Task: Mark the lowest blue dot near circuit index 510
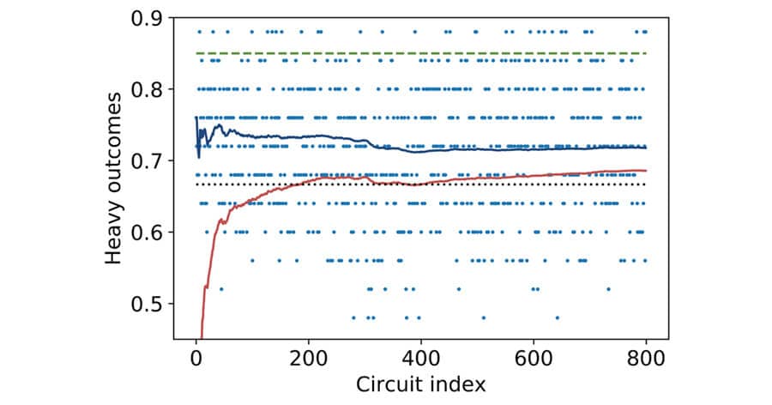(483, 317)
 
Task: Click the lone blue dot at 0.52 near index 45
(221, 289)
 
